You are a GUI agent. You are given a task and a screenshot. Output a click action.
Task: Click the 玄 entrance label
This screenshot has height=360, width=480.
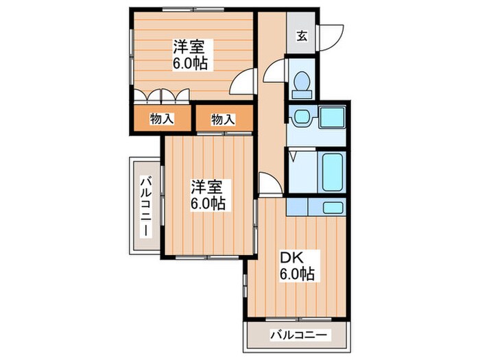click(x=302, y=35)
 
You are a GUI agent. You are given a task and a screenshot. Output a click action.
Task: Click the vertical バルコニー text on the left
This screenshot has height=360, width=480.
click(x=146, y=206)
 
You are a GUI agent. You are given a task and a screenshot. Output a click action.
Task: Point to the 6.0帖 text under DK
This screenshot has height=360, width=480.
click(x=296, y=275)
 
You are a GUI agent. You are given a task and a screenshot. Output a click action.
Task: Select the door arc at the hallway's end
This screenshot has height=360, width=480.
click(x=269, y=183)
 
